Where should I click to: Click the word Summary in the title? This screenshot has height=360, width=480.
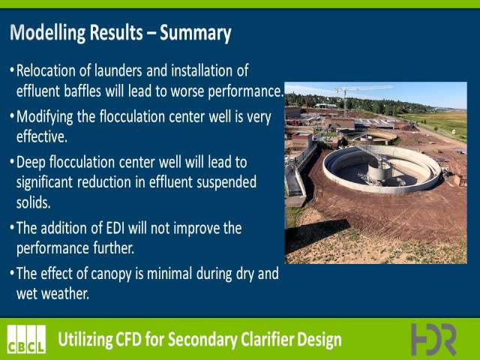click(x=195, y=33)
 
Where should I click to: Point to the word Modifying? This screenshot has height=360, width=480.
click(x=45, y=118)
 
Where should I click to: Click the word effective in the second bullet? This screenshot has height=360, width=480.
click(x=42, y=136)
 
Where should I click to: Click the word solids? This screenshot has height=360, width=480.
click(x=33, y=202)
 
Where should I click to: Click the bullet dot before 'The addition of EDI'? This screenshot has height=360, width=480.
click(x=12, y=227)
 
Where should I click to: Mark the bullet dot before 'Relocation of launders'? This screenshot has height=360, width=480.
click(x=12, y=70)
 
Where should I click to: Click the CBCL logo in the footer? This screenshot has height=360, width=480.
click(x=27, y=339)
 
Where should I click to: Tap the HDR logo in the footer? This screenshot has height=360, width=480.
click(x=433, y=339)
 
